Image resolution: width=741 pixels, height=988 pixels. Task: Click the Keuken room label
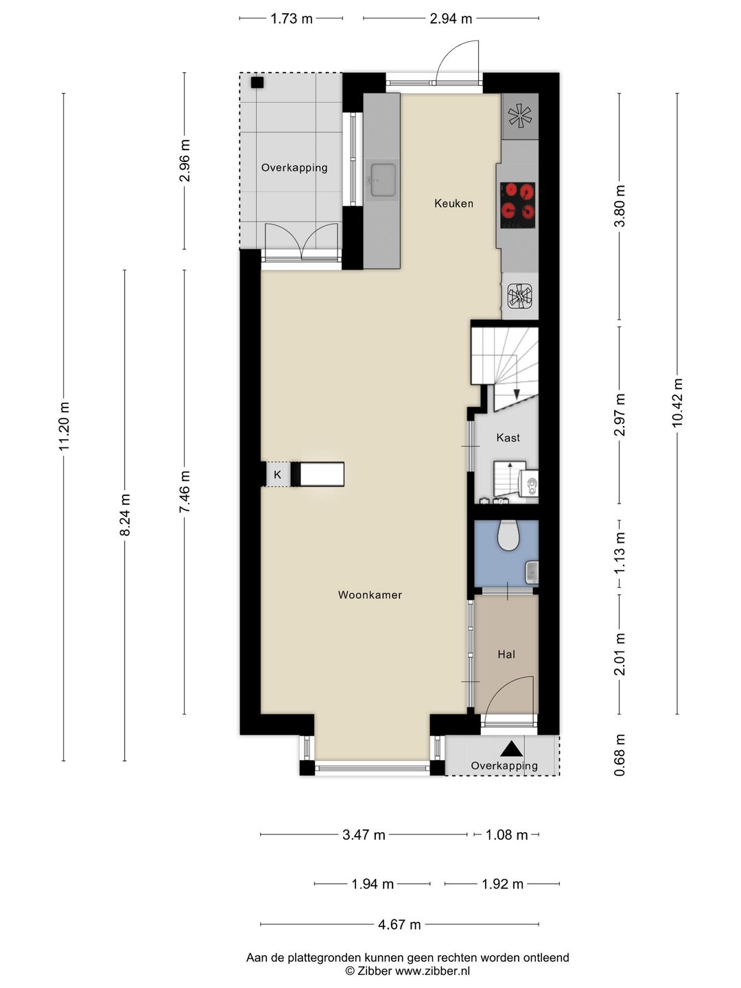click(x=454, y=204)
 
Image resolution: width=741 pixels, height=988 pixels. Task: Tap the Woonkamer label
click(x=370, y=595)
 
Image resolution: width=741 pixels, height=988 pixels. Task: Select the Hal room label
click(x=506, y=655)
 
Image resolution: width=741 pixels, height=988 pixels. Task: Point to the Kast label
click(x=508, y=438)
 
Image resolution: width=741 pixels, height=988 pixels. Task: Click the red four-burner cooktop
click(x=518, y=205)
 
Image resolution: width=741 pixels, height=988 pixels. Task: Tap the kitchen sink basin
click(x=383, y=180)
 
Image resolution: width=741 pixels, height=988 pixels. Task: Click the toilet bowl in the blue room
click(x=509, y=536)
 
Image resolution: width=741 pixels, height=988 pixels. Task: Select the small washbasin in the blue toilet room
click(x=531, y=572)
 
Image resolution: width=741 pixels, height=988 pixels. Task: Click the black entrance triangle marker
click(x=512, y=749)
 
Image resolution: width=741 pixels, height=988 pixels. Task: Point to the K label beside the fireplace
click(x=278, y=474)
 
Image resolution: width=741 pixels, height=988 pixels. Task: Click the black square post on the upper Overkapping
click(x=257, y=83)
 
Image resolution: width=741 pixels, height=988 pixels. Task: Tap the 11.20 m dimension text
click(x=64, y=426)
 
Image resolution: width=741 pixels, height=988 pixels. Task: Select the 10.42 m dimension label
click(x=678, y=403)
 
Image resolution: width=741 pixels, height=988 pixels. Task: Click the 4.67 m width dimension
click(x=399, y=924)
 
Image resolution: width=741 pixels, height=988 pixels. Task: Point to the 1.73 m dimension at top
click(x=292, y=19)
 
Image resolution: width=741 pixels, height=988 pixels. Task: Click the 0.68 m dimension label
click(x=620, y=755)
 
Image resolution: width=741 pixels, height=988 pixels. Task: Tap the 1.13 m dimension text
click(x=620, y=553)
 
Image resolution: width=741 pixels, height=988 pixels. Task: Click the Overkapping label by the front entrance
click(x=504, y=766)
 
